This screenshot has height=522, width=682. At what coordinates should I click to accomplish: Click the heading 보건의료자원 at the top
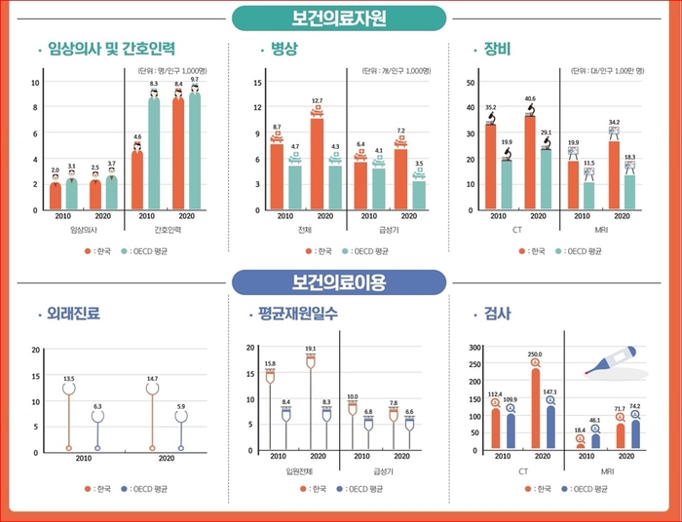click(339, 18)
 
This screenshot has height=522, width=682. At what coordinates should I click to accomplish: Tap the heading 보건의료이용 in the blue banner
click(339, 282)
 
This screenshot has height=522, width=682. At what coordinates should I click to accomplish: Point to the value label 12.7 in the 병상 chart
click(318, 100)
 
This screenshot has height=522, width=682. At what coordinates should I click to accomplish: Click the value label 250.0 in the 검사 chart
click(534, 354)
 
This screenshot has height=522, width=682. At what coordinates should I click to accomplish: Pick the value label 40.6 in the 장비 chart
click(530, 98)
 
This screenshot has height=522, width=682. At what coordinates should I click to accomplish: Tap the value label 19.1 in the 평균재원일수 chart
click(311, 349)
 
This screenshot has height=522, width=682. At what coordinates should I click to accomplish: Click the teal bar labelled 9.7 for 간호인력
click(195, 150)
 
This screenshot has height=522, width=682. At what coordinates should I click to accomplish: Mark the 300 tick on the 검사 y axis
click(475, 348)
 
